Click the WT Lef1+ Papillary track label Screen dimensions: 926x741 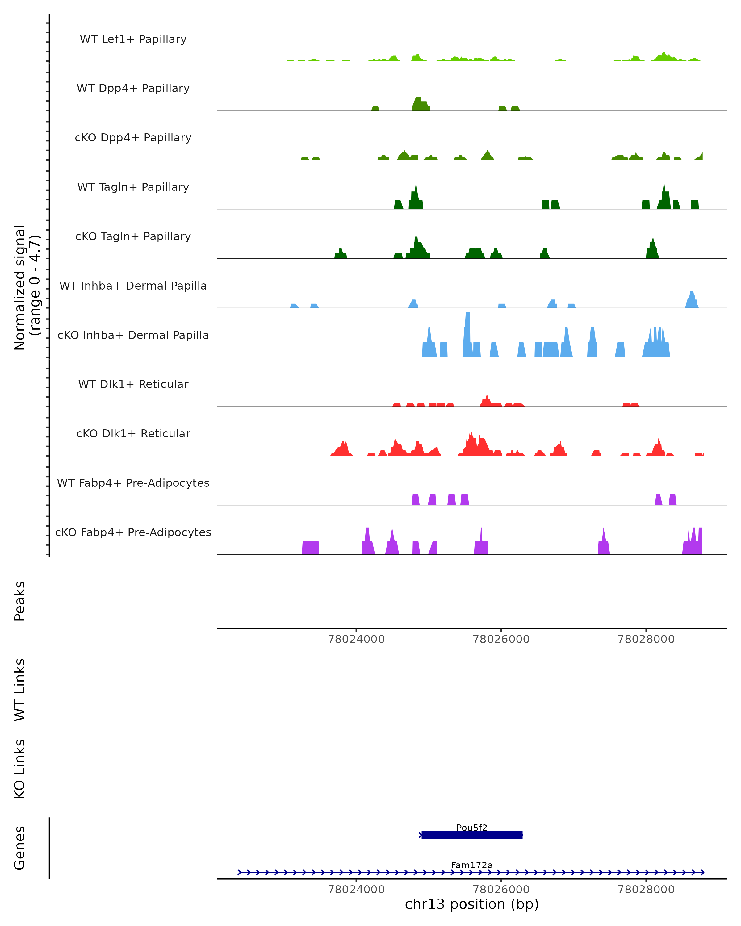tap(133, 39)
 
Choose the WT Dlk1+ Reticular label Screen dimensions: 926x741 tap(133, 384)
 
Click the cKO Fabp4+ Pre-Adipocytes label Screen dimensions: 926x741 tap(133, 532)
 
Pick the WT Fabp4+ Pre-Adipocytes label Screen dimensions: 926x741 tap(133, 483)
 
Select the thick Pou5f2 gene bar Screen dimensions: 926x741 tap(472, 835)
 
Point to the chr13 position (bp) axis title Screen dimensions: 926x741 tap(472, 904)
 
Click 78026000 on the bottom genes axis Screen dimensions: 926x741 tap(501, 890)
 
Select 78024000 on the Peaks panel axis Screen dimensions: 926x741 tap(356, 639)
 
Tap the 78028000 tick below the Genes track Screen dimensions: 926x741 tap(646, 890)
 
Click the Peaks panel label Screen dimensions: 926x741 tap(20, 601)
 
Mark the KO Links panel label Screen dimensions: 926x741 tap(20, 769)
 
